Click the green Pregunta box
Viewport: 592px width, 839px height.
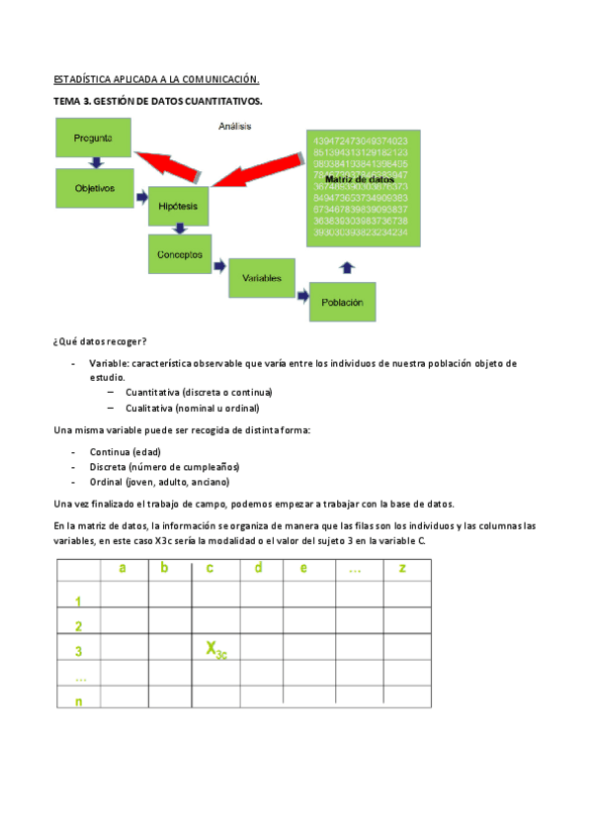click(x=91, y=139)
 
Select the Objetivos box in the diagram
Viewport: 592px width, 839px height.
click(x=95, y=187)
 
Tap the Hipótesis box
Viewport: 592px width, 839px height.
click(x=178, y=206)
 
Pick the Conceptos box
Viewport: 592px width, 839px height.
click(x=180, y=254)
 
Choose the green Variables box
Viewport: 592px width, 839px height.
click(x=262, y=278)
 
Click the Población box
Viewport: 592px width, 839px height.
click(x=342, y=302)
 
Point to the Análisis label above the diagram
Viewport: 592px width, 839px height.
click(x=234, y=126)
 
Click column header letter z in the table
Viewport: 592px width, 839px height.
click(x=401, y=568)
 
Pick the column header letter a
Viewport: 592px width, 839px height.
click(x=123, y=568)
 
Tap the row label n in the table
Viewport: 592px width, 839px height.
click(x=78, y=700)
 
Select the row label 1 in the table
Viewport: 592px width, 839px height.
click(x=78, y=602)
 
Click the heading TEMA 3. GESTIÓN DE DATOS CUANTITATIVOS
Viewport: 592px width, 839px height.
click(x=157, y=102)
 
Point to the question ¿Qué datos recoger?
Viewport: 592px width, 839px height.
click(x=100, y=341)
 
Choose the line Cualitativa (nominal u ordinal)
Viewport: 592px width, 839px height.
click(x=192, y=408)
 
